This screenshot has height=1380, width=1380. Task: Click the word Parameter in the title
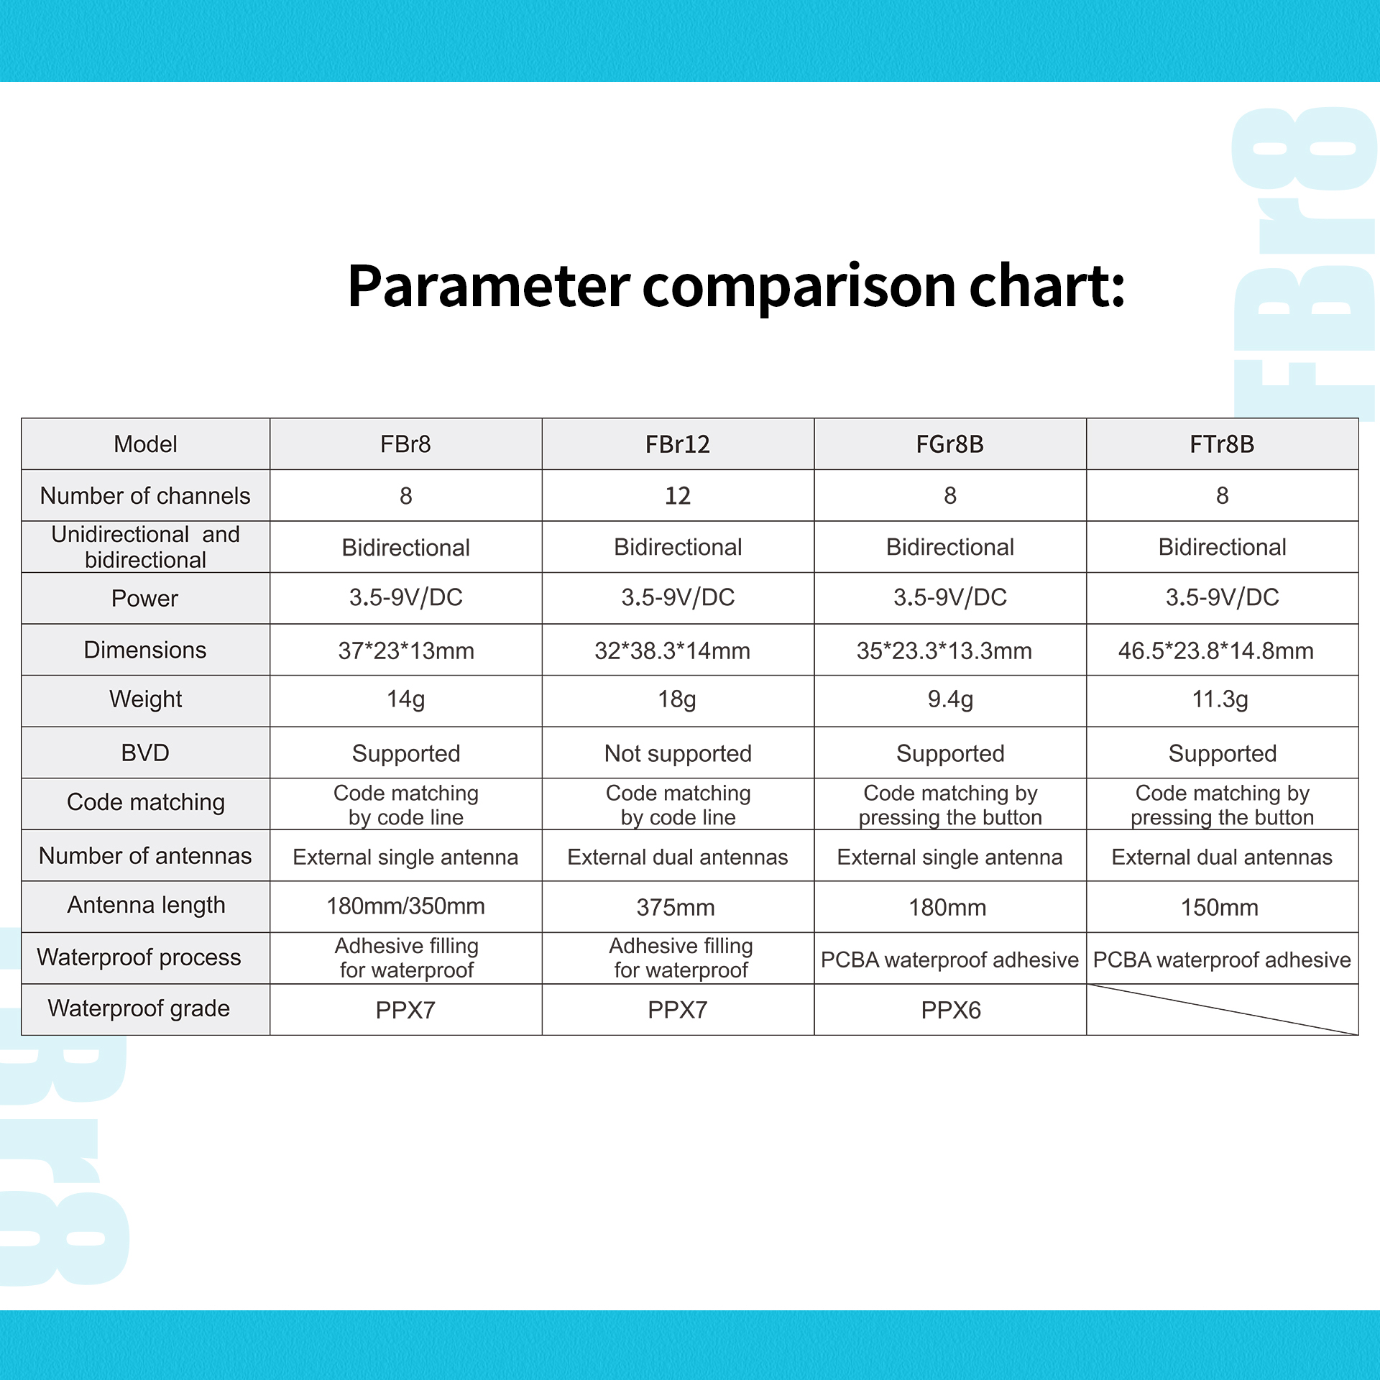click(x=489, y=286)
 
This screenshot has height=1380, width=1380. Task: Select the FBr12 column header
click(x=677, y=444)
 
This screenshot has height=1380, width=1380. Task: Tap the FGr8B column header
click(x=949, y=444)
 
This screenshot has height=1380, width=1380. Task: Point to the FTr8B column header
click(x=1222, y=444)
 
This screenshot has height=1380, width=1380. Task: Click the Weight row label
click(x=145, y=699)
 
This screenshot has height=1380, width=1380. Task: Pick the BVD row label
click(x=145, y=753)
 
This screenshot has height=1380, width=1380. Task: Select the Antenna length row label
click(x=146, y=905)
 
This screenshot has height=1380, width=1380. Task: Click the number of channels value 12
click(x=677, y=496)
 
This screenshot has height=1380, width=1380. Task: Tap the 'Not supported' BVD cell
click(x=678, y=753)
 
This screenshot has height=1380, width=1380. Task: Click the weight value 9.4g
click(x=950, y=699)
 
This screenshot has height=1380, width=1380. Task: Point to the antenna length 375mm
click(x=676, y=908)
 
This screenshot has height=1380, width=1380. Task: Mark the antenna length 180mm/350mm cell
click(x=405, y=906)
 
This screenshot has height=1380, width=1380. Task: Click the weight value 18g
click(x=677, y=699)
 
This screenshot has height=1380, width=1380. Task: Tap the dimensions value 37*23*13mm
click(x=406, y=651)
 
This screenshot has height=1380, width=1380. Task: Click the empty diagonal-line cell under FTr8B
click(x=1222, y=1009)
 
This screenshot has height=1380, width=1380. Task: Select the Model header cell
click(x=145, y=444)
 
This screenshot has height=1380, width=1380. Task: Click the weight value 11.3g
click(x=1220, y=699)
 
